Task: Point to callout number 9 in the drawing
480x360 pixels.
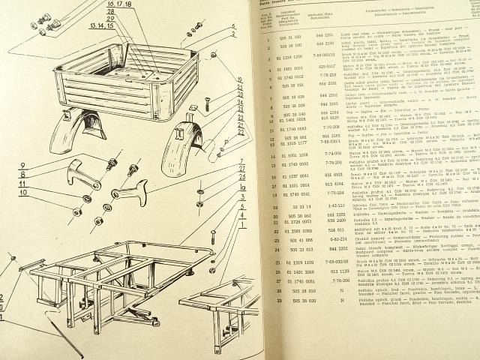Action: pyautogui.click(x=45, y=165)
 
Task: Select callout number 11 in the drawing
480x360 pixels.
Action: pyautogui.click(x=46, y=182)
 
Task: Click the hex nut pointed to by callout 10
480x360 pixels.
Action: pyautogui.click(x=78, y=211)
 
